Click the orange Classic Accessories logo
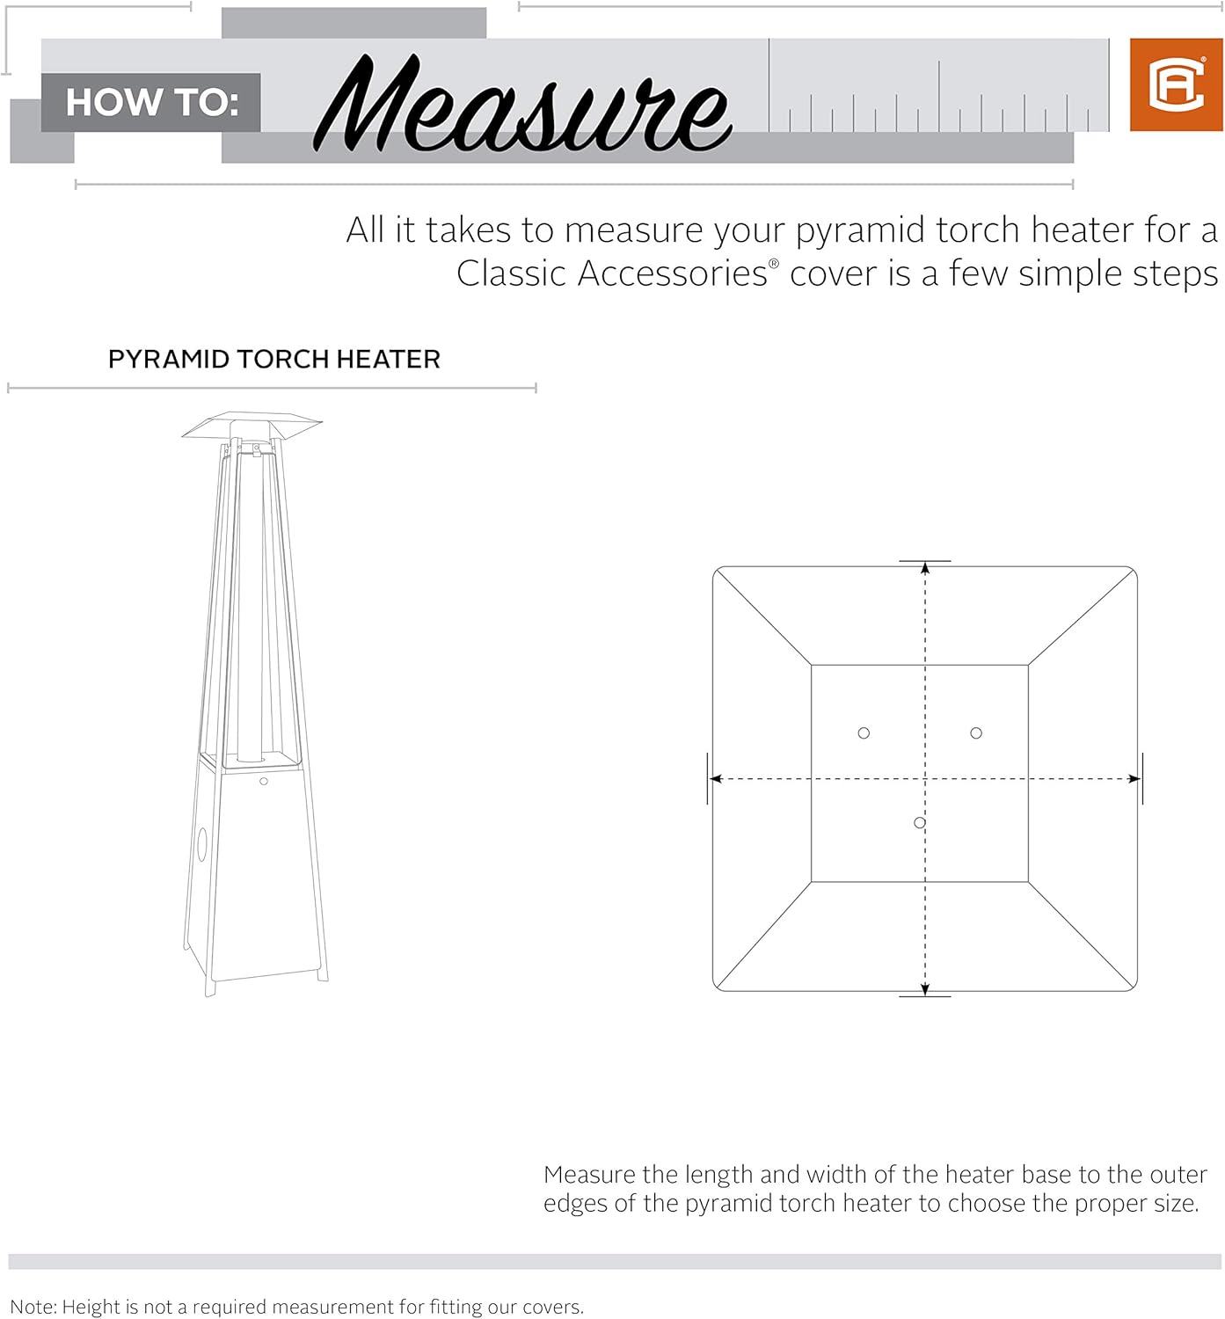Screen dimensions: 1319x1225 coord(1176,85)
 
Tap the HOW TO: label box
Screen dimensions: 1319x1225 coord(151,102)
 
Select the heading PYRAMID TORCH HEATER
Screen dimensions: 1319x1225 coord(273,359)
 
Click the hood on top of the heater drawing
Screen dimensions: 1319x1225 coord(252,426)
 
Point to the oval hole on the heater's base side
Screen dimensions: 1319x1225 coord(201,844)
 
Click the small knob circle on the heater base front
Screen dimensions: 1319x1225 coord(263,781)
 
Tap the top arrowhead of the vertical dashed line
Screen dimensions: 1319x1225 coord(925,568)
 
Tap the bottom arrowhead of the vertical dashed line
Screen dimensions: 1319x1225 coord(925,988)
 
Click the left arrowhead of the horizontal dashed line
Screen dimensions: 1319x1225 coord(716,779)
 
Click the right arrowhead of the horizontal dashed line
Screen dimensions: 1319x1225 coord(1134,779)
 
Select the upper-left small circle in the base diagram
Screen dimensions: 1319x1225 coord(864,733)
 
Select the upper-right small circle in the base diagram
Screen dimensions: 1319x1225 coord(976,733)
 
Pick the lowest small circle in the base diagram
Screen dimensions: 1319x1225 coord(919,823)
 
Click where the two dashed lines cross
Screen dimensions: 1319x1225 coord(925,779)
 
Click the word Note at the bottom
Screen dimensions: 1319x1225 coord(32,1307)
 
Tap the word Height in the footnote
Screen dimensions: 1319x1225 coord(91,1307)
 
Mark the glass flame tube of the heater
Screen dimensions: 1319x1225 coord(251,607)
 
